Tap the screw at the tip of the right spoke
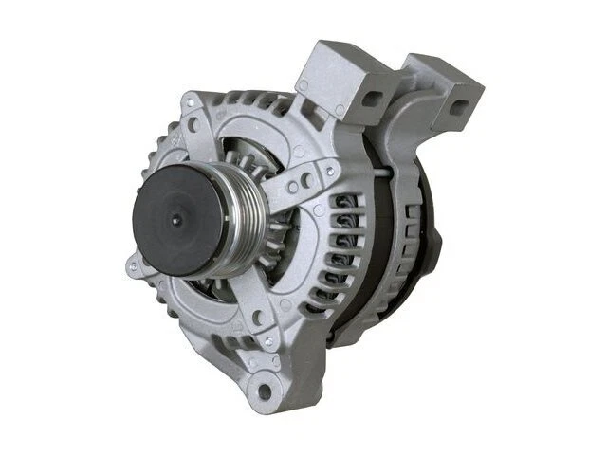[329, 171]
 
